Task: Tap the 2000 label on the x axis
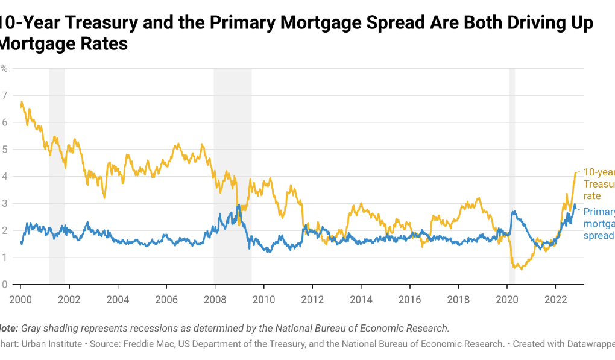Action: click(x=20, y=298)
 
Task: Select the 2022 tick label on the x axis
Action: click(x=555, y=298)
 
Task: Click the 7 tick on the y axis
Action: click(x=5, y=95)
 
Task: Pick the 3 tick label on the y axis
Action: click(x=5, y=203)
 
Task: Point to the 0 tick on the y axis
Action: click(x=5, y=285)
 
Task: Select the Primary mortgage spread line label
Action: click(x=599, y=223)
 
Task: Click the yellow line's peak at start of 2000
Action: click(x=22, y=102)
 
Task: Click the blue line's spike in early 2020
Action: click(x=513, y=212)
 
